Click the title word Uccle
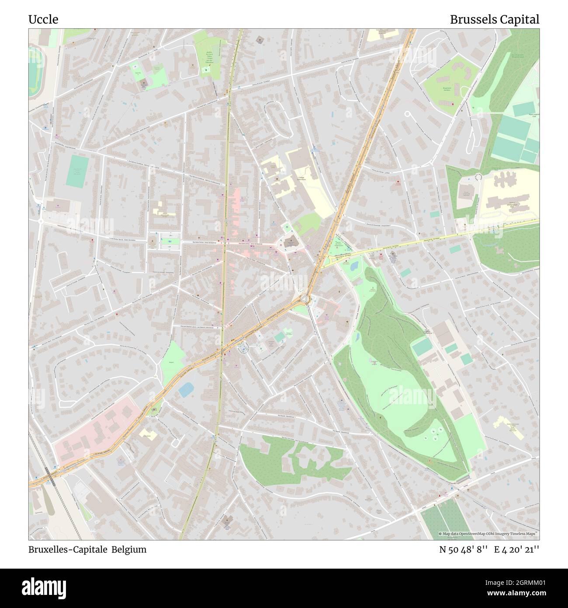coord(43,20)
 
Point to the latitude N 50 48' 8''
coord(463,549)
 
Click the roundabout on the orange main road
coord(305,299)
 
